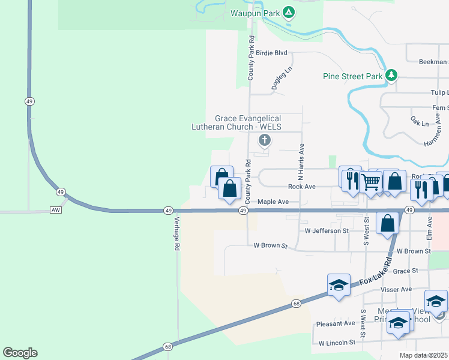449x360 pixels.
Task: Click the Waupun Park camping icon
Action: (x=289, y=12)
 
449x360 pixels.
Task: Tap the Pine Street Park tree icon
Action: (x=392, y=75)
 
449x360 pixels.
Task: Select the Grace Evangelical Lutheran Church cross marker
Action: (x=264, y=141)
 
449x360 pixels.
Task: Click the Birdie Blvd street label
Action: (x=272, y=53)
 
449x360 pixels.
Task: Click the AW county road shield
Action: (x=56, y=210)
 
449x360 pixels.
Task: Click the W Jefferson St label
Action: (x=327, y=230)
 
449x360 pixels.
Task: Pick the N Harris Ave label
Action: (x=301, y=163)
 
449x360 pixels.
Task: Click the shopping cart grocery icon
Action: (x=372, y=181)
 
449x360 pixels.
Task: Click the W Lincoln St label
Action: (x=337, y=343)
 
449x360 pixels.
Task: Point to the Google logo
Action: (x=20, y=353)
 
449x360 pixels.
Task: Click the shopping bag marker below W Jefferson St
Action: (x=388, y=223)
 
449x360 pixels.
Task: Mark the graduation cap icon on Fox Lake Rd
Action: (x=339, y=284)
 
